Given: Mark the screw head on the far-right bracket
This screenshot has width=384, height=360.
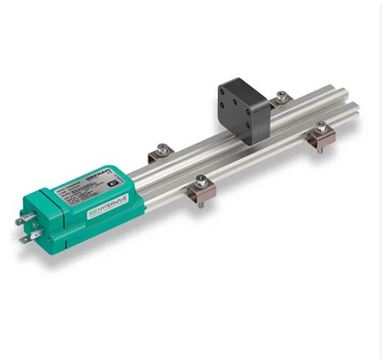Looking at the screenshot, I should click(321, 125).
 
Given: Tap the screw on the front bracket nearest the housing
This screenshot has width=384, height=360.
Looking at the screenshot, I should click(200, 181).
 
